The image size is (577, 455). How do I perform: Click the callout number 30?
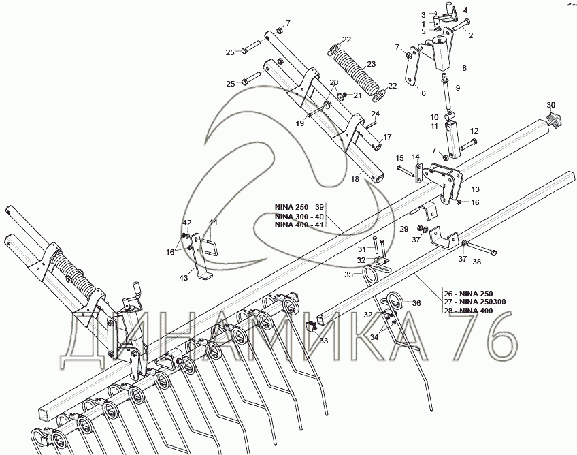pyautogui.click(x=551, y=104)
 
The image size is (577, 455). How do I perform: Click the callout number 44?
pyautogui.click(x=213, y=223)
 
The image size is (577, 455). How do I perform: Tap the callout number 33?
pyautogui.click(x=324, y=340)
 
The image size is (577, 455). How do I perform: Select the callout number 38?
pyautogui.click(x=477, y=261)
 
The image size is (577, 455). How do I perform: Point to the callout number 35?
pyautogui.click(x=348, y=274)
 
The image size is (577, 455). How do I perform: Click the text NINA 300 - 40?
pyautogui.click(x=300, y=215)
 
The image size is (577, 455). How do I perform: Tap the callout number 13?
pyautogui.click(x=475, y=189)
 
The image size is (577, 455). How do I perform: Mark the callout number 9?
pyautogui.click(x=457, y=87)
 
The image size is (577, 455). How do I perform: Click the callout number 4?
pyautogui.click(x=465, y=10)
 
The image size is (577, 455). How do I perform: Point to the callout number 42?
pyautogui.click(x=186, y=223)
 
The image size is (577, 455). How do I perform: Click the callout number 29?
pyautogui.click(x=403, y=228)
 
